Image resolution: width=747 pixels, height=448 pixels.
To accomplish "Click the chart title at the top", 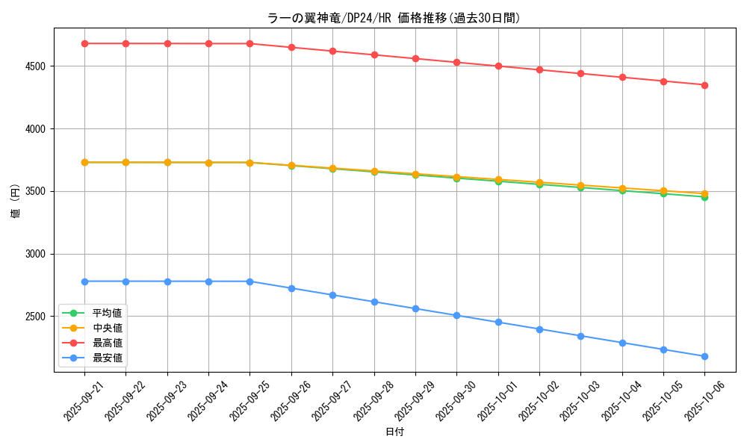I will tap(394, 18).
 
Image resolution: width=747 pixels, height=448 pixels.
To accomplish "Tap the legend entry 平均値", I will tap(107, 313).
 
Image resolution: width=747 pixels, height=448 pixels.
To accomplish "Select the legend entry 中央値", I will tap(107, 328).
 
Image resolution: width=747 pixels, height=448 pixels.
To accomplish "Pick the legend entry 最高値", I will tap(107, 343).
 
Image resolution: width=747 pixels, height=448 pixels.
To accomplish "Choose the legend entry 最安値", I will tap(107, 358).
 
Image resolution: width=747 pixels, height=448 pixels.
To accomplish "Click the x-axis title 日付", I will tap(394, 432).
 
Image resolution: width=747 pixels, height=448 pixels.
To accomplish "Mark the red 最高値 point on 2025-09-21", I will tap(84, 43).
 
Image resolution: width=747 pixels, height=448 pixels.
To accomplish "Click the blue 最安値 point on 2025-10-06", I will tap(704, 356).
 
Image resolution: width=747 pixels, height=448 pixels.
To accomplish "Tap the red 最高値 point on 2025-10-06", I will tap(704, 85).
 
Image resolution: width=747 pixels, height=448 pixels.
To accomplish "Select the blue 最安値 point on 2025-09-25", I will tap(249, 281).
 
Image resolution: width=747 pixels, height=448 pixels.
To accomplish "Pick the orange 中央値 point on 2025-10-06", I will tap(704, 193).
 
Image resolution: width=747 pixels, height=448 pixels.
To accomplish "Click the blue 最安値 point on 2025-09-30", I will tap(456, 315).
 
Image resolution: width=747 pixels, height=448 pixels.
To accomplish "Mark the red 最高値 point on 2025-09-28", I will tap(374, 55).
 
